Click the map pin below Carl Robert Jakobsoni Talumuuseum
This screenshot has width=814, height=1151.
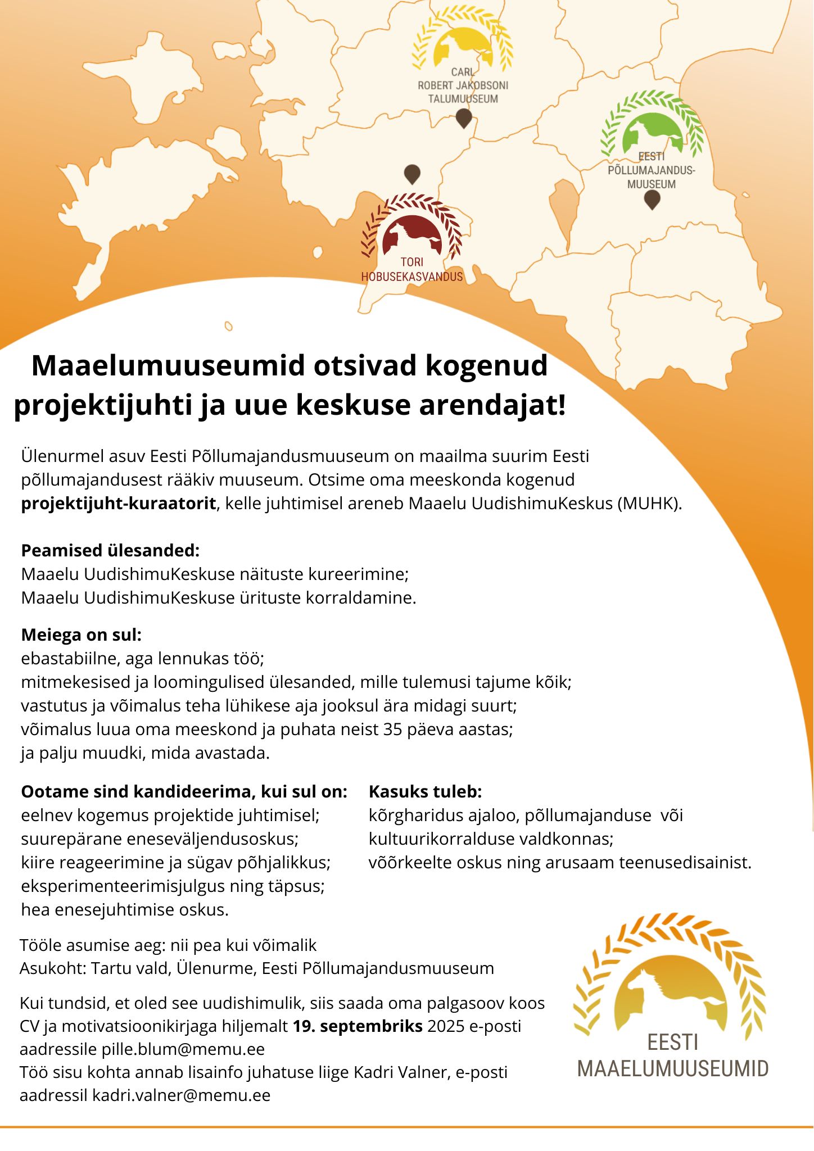(x=463, y=118)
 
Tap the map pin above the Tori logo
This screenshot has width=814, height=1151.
(x=412, y=174)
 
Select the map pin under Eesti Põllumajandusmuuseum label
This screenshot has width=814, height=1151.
(x=652, y=200)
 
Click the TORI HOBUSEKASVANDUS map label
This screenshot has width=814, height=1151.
(x=411, y=270)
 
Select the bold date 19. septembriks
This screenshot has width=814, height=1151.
(x=358, y=1026)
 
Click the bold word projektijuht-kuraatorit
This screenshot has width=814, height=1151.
(x=119, y=503)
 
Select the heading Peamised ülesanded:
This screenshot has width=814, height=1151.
(x=110, y=550)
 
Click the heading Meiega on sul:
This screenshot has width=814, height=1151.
(x=82, y=635)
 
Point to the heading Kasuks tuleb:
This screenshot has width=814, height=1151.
(x=425, y=792)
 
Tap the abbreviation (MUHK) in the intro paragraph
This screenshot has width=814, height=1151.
(x=649, y=503)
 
